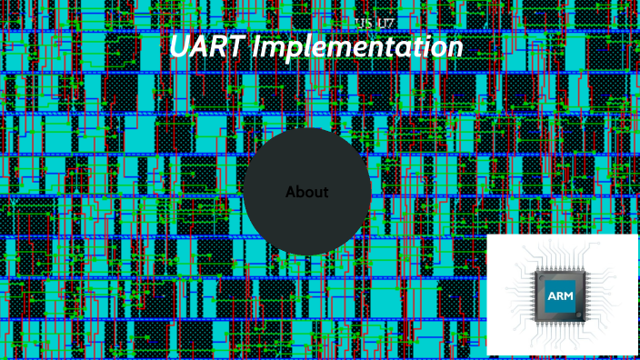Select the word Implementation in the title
tap(357, 48)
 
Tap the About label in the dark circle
tap(307, 193)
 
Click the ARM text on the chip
tap(559, 295)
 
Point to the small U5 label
tap(363, 22)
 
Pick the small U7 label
tap(385, 22)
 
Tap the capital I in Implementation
tap(256, 47)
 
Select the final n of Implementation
tap(455, 48)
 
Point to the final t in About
tap(325, 193)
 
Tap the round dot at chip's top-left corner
tap(538, 275)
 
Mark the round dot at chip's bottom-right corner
tap(580, 316)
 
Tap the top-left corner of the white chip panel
tap(488, 235)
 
